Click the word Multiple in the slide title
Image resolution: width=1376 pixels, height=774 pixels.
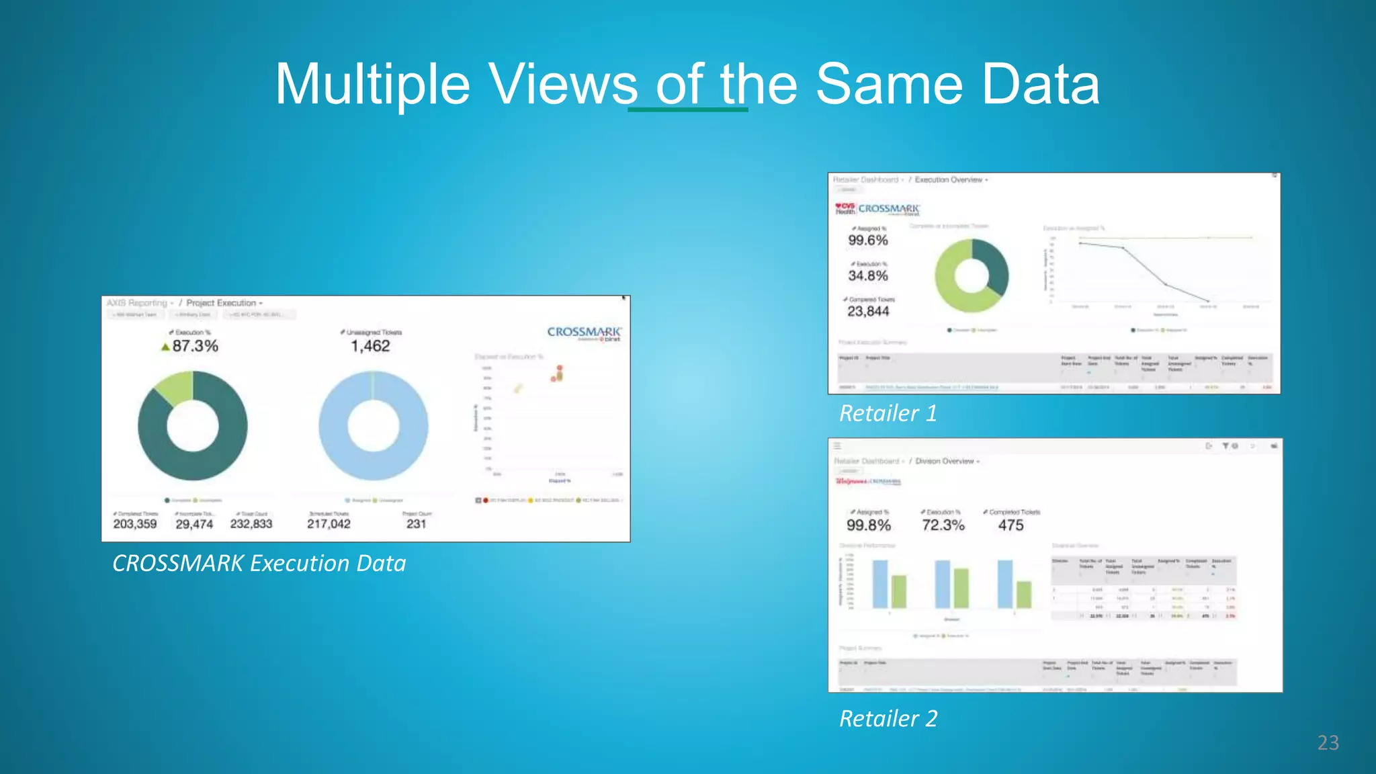373,85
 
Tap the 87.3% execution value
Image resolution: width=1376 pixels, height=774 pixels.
195,346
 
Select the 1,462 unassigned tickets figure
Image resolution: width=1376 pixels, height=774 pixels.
370,346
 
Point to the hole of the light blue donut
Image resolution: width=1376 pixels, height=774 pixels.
373,426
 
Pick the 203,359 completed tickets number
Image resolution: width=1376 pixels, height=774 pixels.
135,524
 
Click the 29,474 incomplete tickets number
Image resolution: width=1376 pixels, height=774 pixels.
194,524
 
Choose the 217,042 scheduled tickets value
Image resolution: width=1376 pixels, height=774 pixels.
329,524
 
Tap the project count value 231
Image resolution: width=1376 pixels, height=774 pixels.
416,524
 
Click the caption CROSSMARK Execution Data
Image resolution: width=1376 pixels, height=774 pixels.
259,563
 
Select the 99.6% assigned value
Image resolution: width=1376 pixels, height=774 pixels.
867,241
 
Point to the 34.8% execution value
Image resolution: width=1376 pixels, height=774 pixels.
867,276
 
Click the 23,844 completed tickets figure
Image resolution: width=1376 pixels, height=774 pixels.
868,312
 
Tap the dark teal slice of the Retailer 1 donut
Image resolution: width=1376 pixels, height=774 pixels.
993,265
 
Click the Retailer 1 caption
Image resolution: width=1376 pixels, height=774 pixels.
888,413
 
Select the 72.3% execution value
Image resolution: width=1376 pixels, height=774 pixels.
943,525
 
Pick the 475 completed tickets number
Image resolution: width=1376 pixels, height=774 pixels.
1010,525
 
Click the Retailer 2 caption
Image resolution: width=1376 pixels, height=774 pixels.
888,719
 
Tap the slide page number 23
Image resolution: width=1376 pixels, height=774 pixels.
1328,742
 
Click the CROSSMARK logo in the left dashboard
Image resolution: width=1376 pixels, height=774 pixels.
584,333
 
